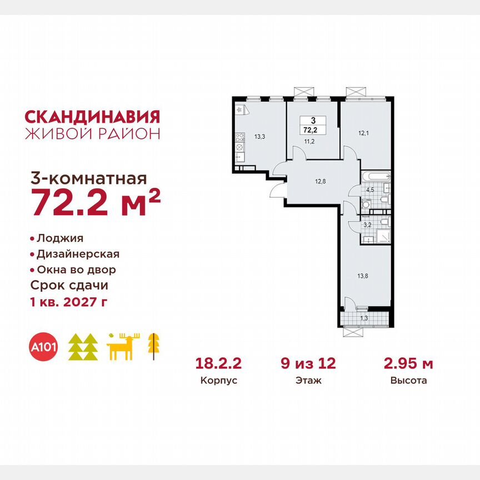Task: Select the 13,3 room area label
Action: tap(259, 135)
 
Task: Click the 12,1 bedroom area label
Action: tap(363, 133)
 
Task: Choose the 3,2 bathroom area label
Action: tap(367, 226)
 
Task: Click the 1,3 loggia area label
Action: tap(364, 318)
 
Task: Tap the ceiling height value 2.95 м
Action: tap(408, 364)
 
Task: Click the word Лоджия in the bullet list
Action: tap(60, 238)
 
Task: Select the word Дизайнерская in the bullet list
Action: tap(78, 254)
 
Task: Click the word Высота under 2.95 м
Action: tap(408, 381)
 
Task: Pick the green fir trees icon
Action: tap(83, 347)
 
